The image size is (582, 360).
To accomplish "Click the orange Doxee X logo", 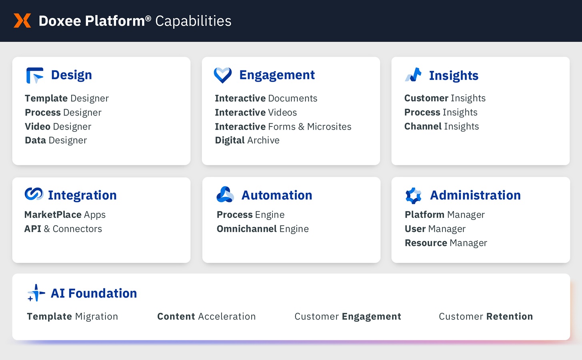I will (x=22, y=20).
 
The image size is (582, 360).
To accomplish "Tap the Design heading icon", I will (x=34, y=75).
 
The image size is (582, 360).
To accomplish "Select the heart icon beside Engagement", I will (x=223, y=75).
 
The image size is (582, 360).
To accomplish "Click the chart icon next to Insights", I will (x=414, y=75).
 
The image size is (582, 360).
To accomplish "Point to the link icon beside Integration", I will (x=34, y=194).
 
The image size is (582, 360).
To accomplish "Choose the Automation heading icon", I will (x=225, y=194).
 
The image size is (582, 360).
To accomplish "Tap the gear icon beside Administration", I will (x=414, y=195).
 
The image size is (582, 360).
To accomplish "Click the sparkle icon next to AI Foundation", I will (x=36, y=293).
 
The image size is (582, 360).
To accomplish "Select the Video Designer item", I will (x=58, y=126).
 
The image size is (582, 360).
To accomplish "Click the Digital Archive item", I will (x=247, y=140).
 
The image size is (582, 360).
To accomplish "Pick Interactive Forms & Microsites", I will (x=283, y=126).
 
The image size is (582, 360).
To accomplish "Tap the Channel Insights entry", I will (x=441, y=126).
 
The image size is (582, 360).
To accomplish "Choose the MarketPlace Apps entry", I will (x=65, y=215).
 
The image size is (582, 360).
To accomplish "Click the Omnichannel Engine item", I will (x=262, y=229).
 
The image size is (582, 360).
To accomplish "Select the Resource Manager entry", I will (x=446, y=243).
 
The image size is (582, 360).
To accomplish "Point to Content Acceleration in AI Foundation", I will (x=206, y=316).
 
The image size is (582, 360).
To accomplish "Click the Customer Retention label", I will (x=486, y=316).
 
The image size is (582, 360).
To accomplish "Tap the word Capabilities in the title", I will (x=193, y=21).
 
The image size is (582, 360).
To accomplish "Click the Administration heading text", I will (x=475, y=195).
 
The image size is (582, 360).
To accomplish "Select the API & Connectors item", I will (x=63, y=229).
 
